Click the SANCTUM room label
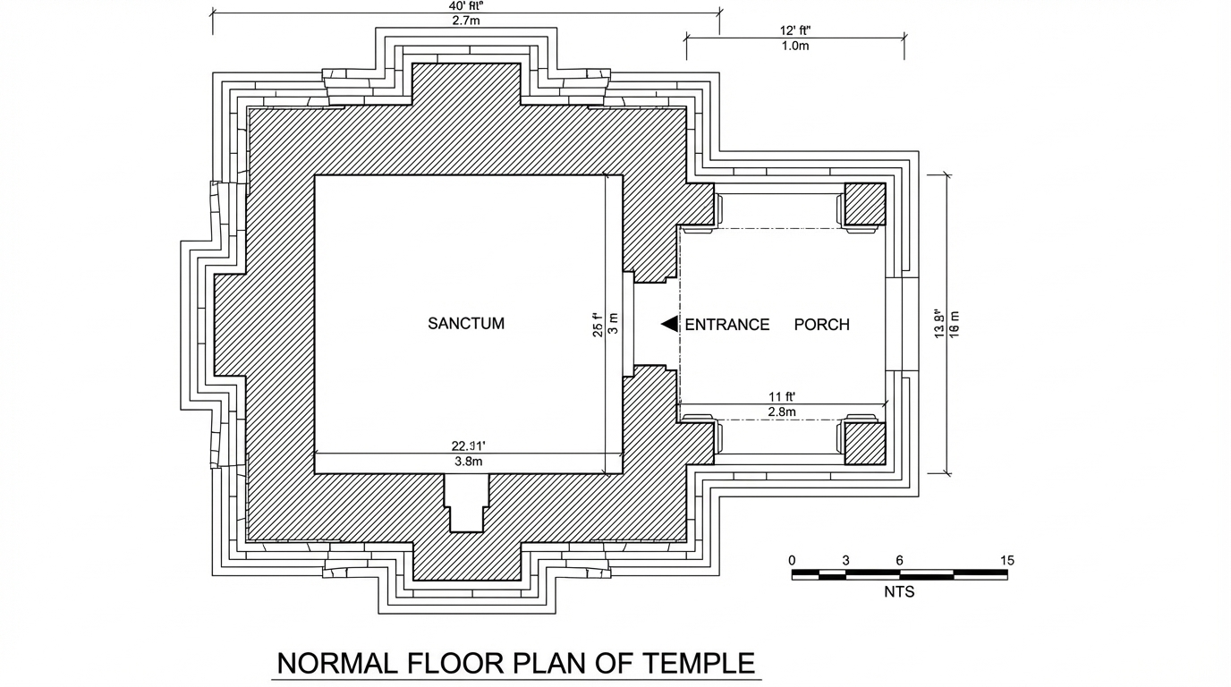point(466,324)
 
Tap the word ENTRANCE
point(726,325)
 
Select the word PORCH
point(821,325)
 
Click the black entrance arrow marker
point(669,324)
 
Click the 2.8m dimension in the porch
point(782,412)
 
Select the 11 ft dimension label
point(782,396)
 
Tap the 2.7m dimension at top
point(466,20)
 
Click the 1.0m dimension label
point(794,46)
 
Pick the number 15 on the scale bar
point(1006,561)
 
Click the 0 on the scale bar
point(793,561)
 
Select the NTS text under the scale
point(899,591)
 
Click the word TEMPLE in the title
point(698,664)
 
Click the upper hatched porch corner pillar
point(864,204)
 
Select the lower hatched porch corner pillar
point(864,444)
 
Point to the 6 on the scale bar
point(899,561)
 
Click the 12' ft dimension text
point(794,30)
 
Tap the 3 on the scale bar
point(845,561)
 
